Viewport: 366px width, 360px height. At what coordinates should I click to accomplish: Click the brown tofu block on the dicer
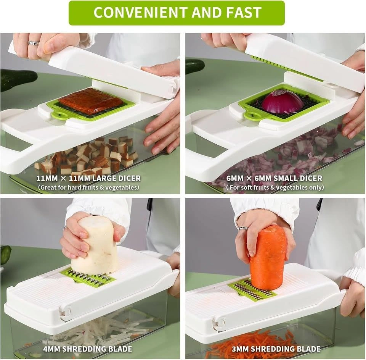coord(91,101)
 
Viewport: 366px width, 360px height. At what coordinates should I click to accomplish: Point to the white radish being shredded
coord(96,245)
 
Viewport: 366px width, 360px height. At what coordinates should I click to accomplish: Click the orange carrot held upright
coord(268,257)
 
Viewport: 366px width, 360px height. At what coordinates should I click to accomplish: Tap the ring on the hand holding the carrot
coord(243,228)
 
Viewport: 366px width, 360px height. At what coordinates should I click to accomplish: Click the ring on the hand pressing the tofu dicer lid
coord(34,43)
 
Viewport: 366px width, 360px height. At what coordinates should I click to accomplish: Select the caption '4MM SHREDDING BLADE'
coord(88,349)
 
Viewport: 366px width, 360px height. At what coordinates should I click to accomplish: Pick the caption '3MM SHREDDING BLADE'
coord(276,349)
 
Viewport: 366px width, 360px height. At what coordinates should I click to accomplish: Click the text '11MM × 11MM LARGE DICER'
coord(89,178)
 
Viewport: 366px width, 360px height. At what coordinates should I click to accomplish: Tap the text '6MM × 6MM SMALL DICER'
coord(274,178)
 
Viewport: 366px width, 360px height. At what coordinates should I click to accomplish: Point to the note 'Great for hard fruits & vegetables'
coord(88,187)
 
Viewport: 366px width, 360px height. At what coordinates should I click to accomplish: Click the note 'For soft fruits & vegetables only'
coord(275,187)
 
